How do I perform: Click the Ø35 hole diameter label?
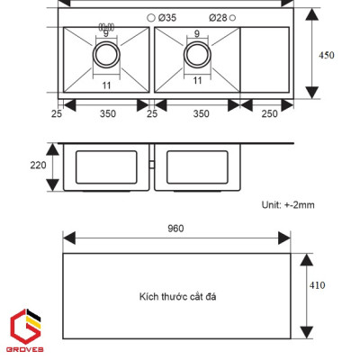point(168,18)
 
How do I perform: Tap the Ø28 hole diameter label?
point(218,18)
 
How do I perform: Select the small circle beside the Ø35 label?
point(149,18)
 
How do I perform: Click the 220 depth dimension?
point(37,165)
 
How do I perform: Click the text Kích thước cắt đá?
point(177,295)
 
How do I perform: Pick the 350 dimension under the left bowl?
point(106,115)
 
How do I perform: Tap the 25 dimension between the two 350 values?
point(152,115)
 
